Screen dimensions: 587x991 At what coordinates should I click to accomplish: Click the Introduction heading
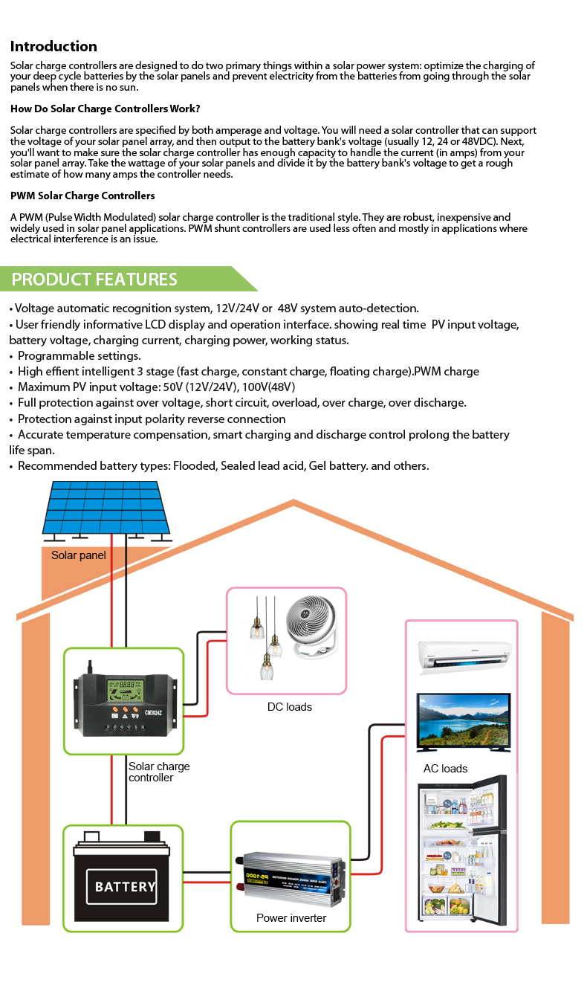[x=53, y=46]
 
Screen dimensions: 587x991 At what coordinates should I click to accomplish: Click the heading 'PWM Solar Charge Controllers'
[x=82, y=196]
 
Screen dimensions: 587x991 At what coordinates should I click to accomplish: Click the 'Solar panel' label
[x=79, y=555]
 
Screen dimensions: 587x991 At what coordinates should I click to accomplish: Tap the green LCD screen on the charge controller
[x=125, y=691]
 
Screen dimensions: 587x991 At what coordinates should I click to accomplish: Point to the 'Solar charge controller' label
[x=159, y=772]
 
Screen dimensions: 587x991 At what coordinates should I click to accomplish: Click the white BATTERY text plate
[x=122, y=886]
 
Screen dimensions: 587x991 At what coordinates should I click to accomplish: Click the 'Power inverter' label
[x=291, y=918]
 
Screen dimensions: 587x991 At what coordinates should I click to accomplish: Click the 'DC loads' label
[x=290, y=707]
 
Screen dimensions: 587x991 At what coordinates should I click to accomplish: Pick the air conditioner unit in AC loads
[x=465, y=657]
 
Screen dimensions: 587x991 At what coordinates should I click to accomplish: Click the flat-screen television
[x=463, y=723]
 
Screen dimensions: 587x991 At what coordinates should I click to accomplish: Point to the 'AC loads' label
[x=446, y=769]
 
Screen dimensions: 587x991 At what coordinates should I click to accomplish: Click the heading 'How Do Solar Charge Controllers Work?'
[x=106, y=109]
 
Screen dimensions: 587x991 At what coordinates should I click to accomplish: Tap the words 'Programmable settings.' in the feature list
[x=79, y=355]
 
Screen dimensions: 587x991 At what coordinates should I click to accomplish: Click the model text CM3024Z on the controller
[x=153, y=713]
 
